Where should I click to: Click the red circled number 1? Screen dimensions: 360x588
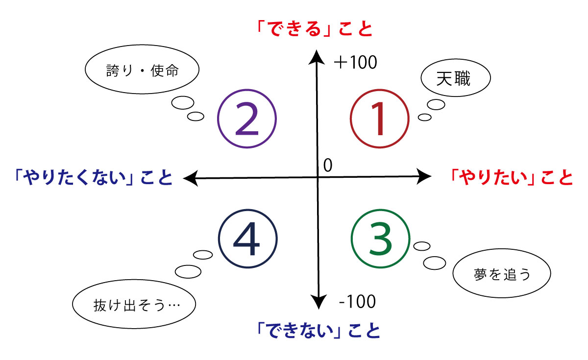click(x=379, y=120)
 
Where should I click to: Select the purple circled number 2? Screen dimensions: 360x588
click(x=247, y=120)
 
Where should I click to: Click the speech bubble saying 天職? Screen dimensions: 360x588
click(x=455, y=79)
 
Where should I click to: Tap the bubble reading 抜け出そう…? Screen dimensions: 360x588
click(x=134, y=306)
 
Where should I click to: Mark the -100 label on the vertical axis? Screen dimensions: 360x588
click(x=357, y=302)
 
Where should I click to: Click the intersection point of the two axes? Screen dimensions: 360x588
click(x=318, y=177)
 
